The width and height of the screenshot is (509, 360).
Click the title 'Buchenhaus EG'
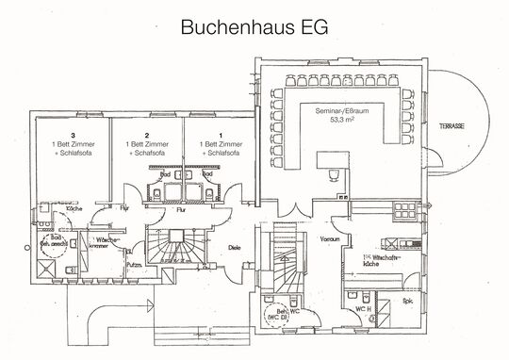pos(254,26)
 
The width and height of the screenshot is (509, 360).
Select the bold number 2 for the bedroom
pos(146,134)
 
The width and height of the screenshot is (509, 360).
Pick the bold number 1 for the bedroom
pos(220,134)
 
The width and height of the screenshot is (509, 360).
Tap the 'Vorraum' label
pos(329,239)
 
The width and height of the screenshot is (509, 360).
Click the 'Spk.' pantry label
pos(407,302)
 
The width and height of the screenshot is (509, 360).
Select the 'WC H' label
pos(362,307)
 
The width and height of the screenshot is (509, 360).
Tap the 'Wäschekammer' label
pos(107,245)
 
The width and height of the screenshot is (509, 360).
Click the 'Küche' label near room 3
pos(75,207)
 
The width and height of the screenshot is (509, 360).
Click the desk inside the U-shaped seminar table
pos(332,172)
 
